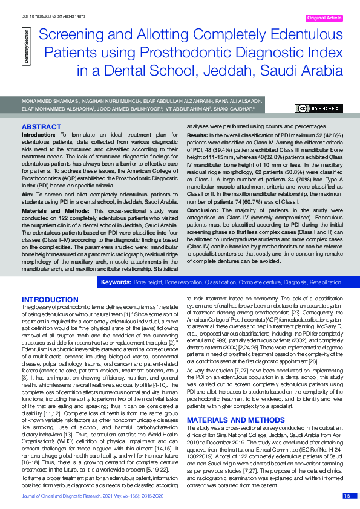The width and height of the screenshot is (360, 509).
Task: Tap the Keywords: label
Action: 116,282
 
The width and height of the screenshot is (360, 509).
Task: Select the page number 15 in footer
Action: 347,496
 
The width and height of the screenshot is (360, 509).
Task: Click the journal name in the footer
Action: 62,496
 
